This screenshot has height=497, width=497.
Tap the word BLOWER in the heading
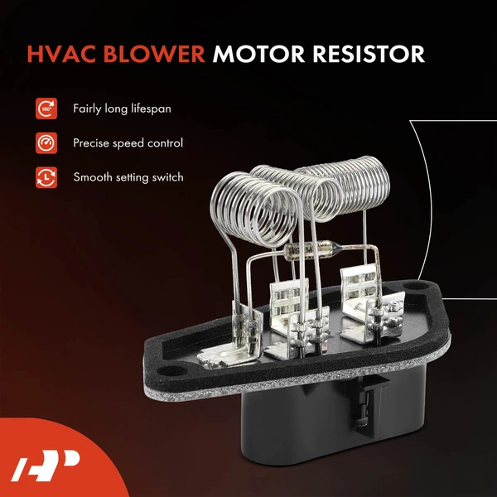[154, 54]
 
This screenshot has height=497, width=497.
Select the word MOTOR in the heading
[259, 54]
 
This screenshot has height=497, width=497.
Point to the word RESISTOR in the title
[369, 54]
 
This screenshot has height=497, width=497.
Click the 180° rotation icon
[46, 109]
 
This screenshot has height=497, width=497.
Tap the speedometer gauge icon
[46, 143]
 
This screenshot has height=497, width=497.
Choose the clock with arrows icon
[46, 177]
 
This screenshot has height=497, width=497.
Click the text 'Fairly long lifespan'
[122, 109]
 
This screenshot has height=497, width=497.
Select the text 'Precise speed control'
[128, 143]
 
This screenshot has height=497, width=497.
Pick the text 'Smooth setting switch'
[128, 177]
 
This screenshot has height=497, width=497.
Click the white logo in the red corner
[46, 465]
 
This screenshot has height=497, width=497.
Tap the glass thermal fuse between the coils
[312, 250]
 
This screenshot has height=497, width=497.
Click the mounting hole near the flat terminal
[171, 370]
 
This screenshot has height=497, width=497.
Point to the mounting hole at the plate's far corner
[415, 287]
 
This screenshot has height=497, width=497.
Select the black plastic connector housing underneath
[333, 418]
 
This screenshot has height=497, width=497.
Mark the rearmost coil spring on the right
[349, 184]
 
